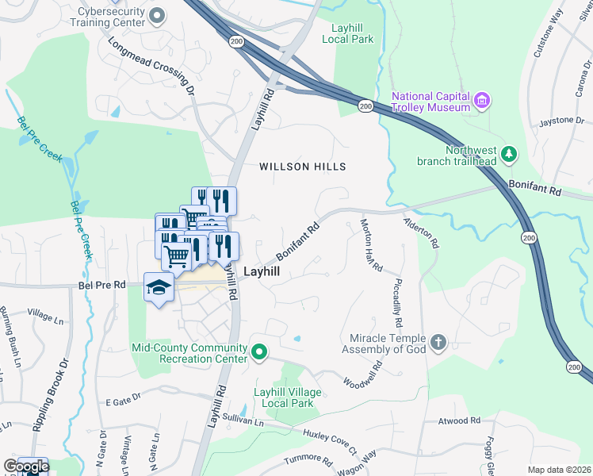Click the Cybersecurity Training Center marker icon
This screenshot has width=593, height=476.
pyautogui.click(x=157, y=15)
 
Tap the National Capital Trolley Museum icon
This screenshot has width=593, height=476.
pyautogui.click(x=482, y=101)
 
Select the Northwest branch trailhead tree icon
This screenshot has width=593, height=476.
pyautogui.click(x=511, y=154)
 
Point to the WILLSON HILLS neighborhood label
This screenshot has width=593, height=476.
pyautogui.click(x=304, y=167)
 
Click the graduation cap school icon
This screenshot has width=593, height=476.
pyautogui.click(x=159, y=287)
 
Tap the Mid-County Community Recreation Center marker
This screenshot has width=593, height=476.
pyautogui.click(x=258, y=351)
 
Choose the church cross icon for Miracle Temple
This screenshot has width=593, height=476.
pyautogui.click(x=437, y=343)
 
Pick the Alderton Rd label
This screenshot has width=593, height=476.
pyautogui.click(x=421, y=233)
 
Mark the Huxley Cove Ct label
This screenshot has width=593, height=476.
pyautogui.click(x=333, y=443)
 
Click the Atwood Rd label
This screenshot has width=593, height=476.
pyautogui.click(x=465, y=420)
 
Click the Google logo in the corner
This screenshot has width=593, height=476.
pyautogui.click(x=26, y=466)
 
